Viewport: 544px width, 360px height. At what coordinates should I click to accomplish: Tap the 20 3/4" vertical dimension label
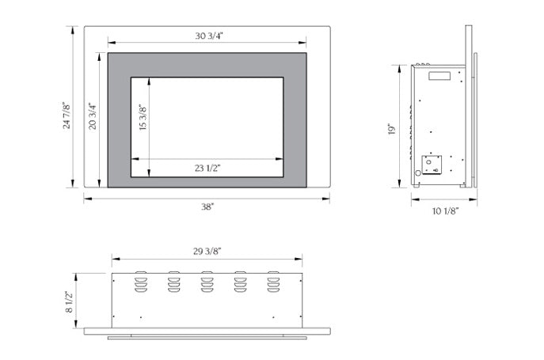93,116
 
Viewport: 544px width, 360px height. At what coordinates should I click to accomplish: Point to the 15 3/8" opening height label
143,118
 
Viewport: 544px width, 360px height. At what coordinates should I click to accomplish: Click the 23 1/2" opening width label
207,167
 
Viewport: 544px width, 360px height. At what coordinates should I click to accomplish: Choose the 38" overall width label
207,206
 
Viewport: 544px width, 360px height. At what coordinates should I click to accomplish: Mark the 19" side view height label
392,129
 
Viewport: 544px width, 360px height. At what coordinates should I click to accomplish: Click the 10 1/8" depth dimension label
444,211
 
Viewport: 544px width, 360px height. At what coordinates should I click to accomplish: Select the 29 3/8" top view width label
207,251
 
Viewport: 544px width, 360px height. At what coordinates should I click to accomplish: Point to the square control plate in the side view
432,164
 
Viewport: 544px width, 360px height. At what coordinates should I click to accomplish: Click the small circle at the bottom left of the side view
417,173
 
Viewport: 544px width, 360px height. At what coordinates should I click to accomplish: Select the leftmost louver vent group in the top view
140,283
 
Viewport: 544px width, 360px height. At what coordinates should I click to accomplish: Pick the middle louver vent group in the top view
207,283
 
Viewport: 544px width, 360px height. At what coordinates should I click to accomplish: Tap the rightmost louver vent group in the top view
273,283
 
